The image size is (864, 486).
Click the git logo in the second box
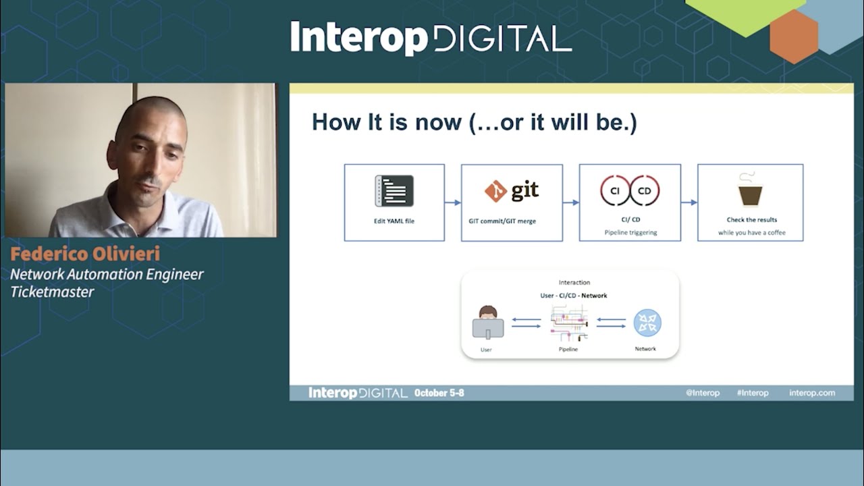pos(512,191)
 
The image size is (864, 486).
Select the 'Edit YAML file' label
pos(394,221)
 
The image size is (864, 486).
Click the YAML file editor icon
pos(394,190)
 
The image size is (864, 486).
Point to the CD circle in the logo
pos(645,191)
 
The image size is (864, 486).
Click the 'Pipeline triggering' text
pos(630,232)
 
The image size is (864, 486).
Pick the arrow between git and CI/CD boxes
pos(571,202)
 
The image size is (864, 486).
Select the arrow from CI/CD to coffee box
pos(689,202)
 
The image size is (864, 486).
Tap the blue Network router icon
pos(647,323)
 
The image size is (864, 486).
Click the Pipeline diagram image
pos(569,323)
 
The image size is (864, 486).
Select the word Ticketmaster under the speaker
pos(52,292)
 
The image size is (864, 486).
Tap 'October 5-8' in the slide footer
pos(439,393)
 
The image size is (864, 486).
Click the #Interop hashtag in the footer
pos(752,393)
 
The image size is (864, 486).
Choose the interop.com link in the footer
pos(811,393)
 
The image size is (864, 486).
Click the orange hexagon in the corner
pos(794,36)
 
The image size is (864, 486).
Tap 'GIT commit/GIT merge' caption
pos(502,221)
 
